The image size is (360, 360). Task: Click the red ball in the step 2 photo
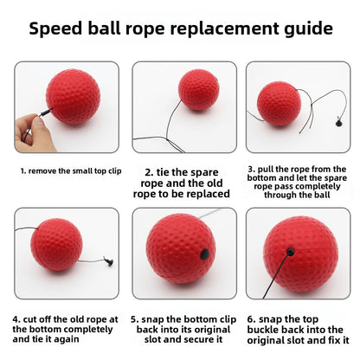coord(187,91)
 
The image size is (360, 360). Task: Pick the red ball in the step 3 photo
coord(279,104)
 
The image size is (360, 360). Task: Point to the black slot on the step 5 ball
coord(202,255)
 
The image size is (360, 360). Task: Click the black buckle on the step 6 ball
coord(291,252)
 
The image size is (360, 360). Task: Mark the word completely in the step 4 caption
coord(87,329)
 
